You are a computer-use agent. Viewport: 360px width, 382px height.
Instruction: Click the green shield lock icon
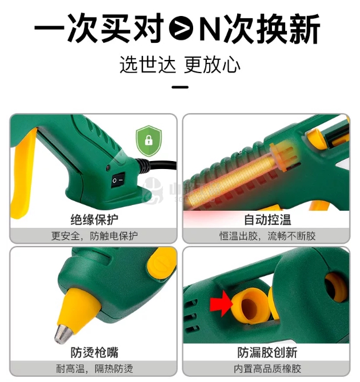[149, 140]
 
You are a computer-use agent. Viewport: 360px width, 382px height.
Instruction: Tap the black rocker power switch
[118, 180]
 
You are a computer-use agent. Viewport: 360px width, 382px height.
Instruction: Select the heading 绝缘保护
[94, 219]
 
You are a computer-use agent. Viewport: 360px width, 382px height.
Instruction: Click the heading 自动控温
[267, 219]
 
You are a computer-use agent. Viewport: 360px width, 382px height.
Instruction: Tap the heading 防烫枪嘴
[94, 352]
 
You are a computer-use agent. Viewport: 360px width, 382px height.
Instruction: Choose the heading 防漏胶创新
[267, 352]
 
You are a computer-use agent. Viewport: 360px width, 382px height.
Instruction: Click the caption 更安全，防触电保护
[94, 236]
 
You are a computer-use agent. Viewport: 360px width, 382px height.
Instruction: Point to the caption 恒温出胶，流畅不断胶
[267, 236]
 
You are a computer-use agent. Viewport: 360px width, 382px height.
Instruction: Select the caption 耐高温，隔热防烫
[94, 369]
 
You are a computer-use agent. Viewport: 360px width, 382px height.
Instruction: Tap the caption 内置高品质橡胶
[267, 369]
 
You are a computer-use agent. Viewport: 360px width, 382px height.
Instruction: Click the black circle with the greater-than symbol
[181, 28]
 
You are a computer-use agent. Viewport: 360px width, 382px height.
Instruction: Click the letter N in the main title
[210, 28]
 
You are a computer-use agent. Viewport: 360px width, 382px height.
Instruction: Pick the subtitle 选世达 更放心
[180, 65]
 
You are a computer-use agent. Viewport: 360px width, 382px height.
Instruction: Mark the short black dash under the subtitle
[180, 87]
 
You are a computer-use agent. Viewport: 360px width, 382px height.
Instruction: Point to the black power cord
[156, 165]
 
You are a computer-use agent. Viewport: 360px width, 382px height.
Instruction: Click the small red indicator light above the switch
[107, 168]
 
